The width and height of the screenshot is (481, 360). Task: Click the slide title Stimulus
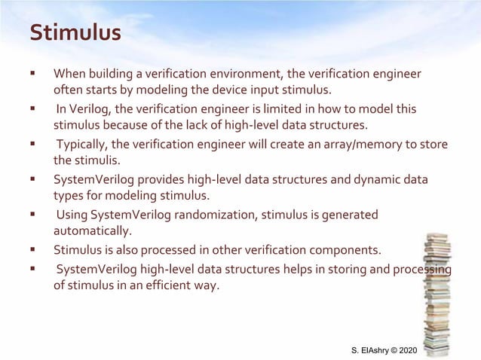(75, 34)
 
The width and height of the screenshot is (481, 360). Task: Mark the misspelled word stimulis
(97, 160)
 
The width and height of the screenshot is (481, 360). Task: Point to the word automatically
(92, 230)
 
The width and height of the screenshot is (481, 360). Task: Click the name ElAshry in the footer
(376, 351)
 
